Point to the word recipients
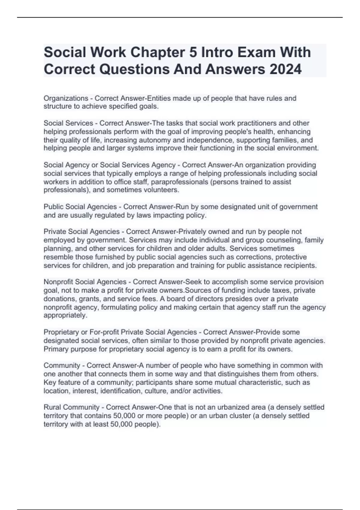click(300, 265)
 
